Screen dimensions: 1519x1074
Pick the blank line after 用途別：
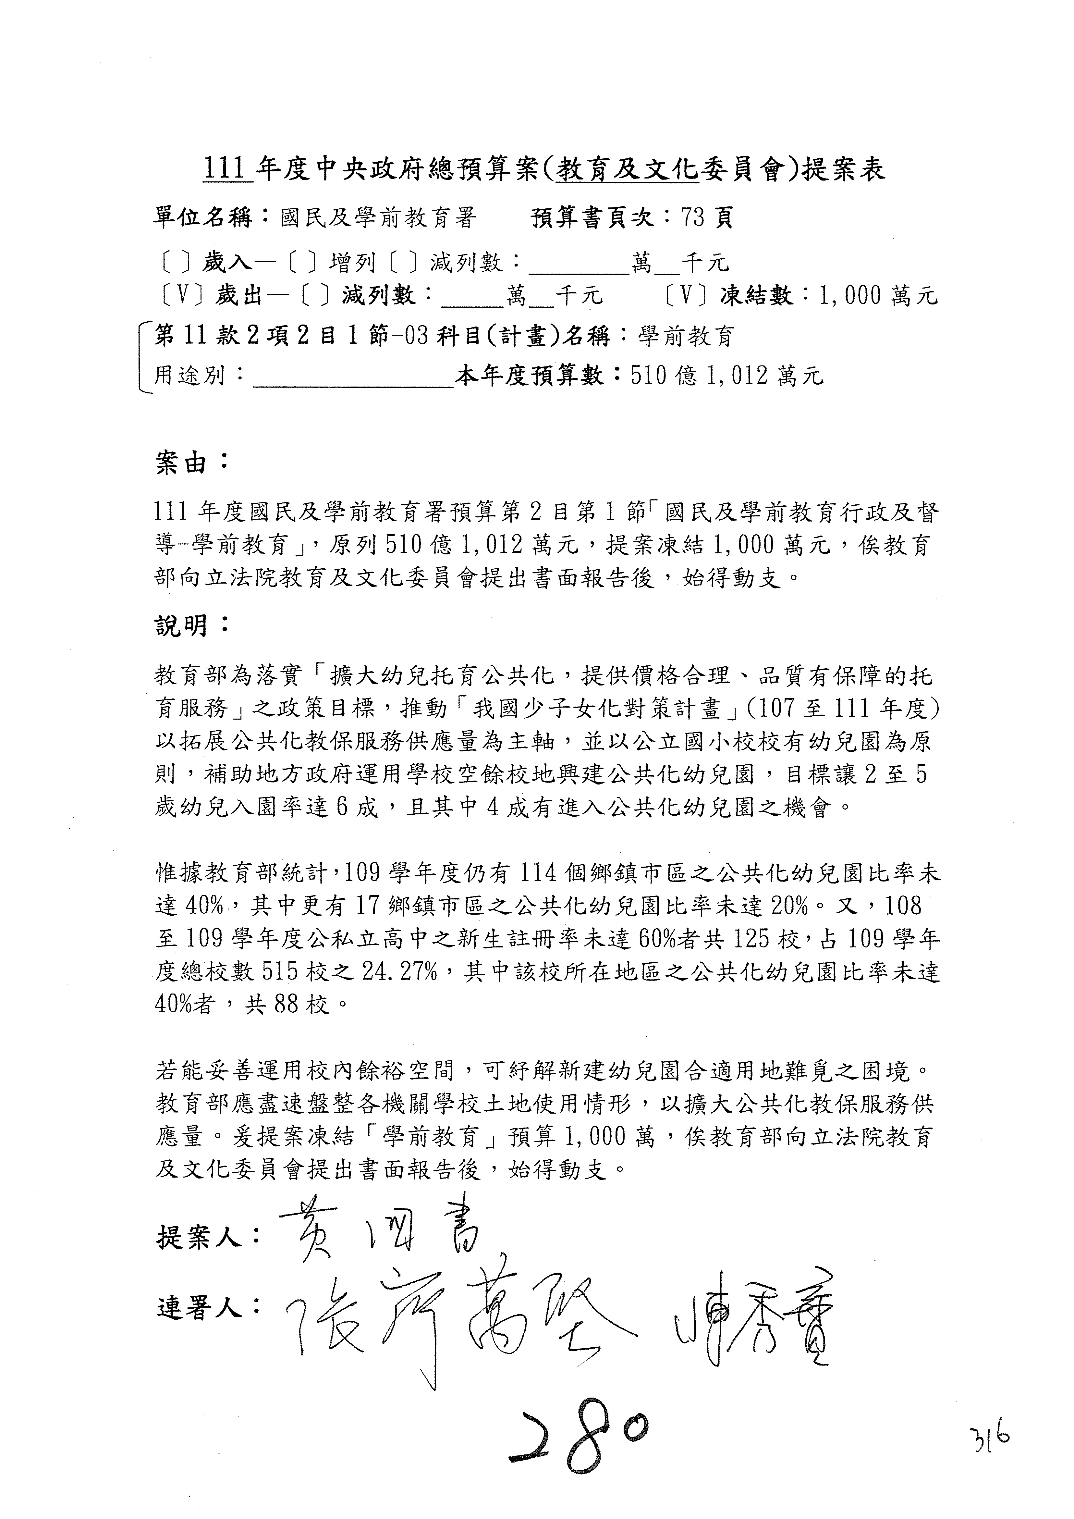coord(353,377)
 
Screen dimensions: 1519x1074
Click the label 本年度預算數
coord(539,376)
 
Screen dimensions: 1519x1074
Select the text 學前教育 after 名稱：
coord(686,337)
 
